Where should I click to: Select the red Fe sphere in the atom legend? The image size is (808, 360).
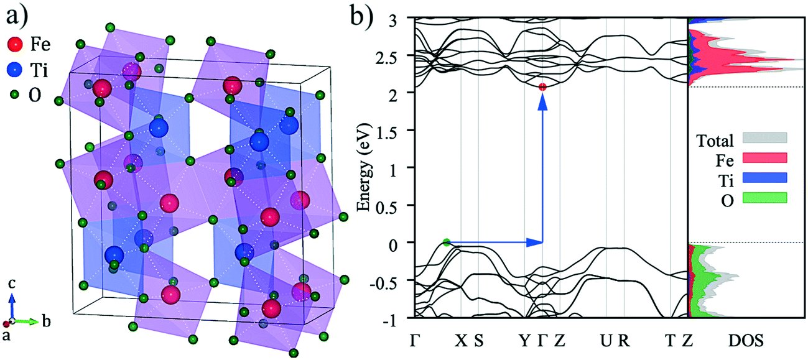tap(17, 45)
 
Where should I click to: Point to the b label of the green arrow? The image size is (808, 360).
tap(47, 321)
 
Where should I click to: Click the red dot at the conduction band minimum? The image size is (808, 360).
tap(542, 86)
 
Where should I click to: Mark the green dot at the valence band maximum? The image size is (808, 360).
tap(446, 242)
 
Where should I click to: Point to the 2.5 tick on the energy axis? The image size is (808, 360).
tap(393, 55)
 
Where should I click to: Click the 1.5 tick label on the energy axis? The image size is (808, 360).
tap(393, 130)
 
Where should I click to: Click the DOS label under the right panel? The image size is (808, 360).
tap(746, 341)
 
